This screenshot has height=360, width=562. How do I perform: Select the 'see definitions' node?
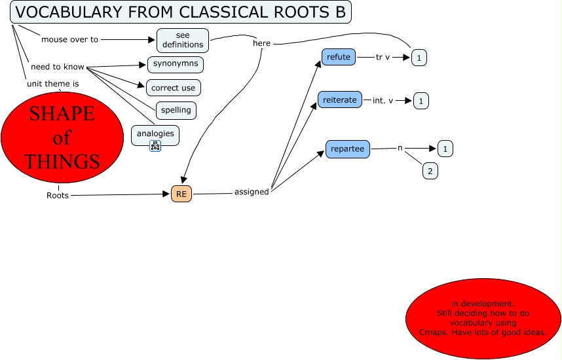pyautogui.click(x=183, y=40)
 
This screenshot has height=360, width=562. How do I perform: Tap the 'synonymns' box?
pyautogui.click(x=175, y=64)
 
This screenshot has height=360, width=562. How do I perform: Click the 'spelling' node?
pyautogui.click(x=176, y=110)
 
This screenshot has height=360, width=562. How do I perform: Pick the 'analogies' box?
pyautogui.click(x=155, y=134)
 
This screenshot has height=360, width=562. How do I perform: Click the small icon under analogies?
pyautogui.click(x=155, y=146)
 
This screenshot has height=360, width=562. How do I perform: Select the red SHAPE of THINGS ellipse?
pyautogui.click(x=62, y=137)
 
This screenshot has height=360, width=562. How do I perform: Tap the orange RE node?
pyautogui.click(x=181, y=194)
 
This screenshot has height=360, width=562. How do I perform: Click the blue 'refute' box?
pyautogui.click(x=339, y=57)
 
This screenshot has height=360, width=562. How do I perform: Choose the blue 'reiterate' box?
pyautogui.click(x=339, y=99)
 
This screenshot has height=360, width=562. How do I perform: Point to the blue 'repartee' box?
pyautogui.click(x=348, y=149)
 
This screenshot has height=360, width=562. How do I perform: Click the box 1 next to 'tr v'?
pyautogui.click(x=419, y=58)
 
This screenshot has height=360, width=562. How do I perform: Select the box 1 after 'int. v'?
pyautogui.click(x=421, y=101)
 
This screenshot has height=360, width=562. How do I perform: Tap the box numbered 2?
pyautogui.click(x=430, y=171)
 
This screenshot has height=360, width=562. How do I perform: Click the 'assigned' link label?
pyautogui.click(x=252, y=192)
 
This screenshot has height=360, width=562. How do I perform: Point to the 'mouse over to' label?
pyautogui.click(x=69, y=39)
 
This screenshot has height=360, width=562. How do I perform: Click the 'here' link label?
pyautogui.click(x=261, y=43)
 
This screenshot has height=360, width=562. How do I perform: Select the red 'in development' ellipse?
pyautogui.click(x=483, y=318)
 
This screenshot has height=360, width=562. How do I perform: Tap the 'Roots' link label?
pyautogui.click(x=58, y=195)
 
